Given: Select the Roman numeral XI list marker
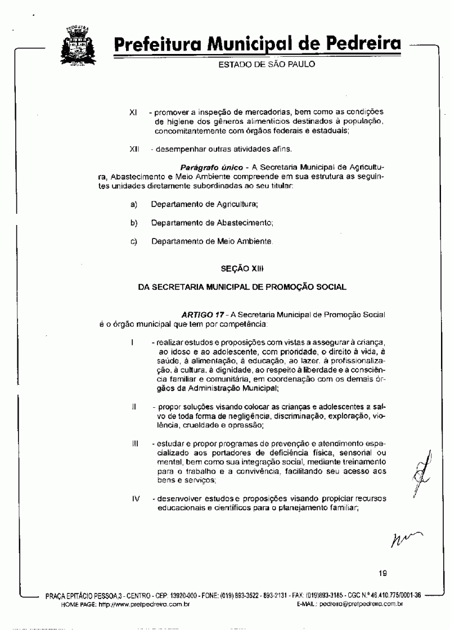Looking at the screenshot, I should tap(133, 112).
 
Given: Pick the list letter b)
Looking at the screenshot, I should tap(134, 223).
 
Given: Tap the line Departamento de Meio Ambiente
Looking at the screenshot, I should tap(212, 241).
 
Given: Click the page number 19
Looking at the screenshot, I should tap(382, 574).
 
